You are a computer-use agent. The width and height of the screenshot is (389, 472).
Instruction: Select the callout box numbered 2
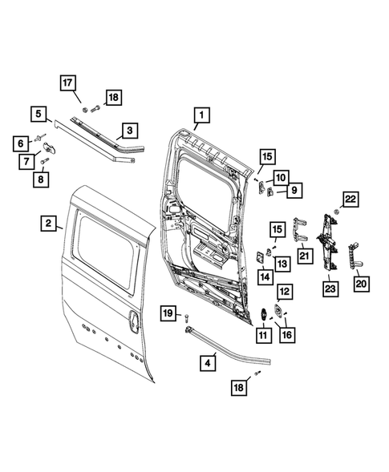click(48, 223)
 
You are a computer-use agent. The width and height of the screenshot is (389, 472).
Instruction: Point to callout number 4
click(209, 361)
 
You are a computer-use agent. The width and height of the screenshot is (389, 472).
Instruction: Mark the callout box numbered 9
click(294, 189)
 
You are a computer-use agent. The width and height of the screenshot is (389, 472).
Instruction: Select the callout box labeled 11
click(262, 333)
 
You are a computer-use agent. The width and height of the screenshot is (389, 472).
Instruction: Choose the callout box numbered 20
click(361, 283)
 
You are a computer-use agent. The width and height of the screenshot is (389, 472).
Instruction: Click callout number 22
click(351, 199)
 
